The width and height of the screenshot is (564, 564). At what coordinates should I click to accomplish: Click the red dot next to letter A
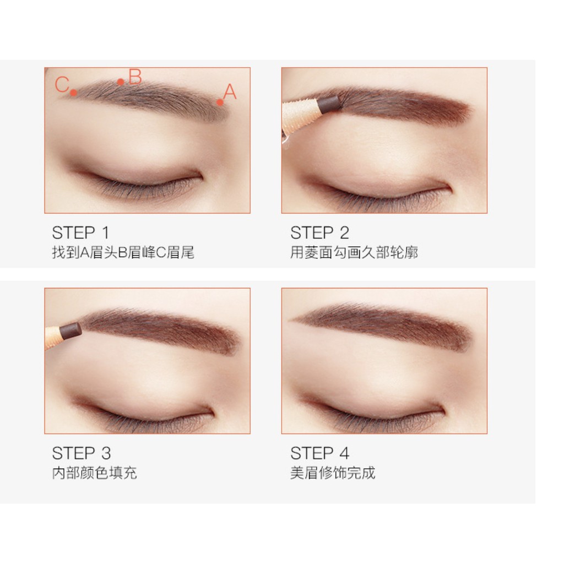pos(220,102)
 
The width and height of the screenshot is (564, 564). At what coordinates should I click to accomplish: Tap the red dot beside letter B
pos(121,82)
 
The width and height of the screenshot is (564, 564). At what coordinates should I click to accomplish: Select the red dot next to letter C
pos(73,93)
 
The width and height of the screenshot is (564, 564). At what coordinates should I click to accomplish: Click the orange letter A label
pos(230,92)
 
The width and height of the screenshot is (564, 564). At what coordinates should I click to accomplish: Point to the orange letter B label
pos(135,77)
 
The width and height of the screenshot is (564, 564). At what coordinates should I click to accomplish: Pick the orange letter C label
pos(62,85)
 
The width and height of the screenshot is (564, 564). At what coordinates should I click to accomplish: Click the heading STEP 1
pos(80,232)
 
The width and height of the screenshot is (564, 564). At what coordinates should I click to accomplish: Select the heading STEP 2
pos(319,232)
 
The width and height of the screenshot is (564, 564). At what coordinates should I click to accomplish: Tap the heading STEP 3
pos(81,453)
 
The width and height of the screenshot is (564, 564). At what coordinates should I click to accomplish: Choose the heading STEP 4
pos(319,453)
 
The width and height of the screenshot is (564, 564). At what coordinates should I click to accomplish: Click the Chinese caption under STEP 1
pos(123,253)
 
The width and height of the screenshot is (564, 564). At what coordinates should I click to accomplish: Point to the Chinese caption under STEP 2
pos(354,253)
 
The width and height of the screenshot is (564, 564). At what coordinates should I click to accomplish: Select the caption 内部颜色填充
pos(94,473)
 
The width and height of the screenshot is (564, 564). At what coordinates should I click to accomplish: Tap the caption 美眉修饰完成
pos(333,473)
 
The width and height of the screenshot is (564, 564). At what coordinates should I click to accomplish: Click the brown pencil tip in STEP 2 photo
pos(328,102)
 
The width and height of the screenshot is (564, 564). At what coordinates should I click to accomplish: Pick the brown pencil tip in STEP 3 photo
pos(70,330)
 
